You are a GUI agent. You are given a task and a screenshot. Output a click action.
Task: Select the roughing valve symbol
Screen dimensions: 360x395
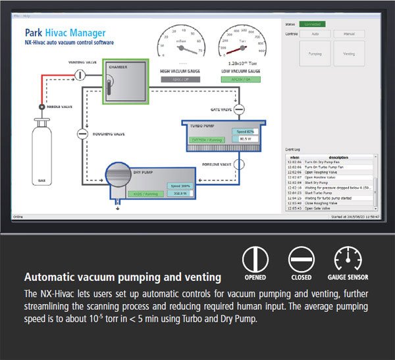pyautogui.click(x=82, y=134)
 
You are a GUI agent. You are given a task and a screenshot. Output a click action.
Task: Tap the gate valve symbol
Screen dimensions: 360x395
pyautogui.click(x=239, y=109)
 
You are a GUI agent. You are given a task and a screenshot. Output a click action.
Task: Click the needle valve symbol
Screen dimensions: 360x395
pyautogui.click(x=41, y=106)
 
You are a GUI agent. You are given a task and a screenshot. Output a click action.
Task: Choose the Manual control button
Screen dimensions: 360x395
pyautogui.click(x=349, y=34)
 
